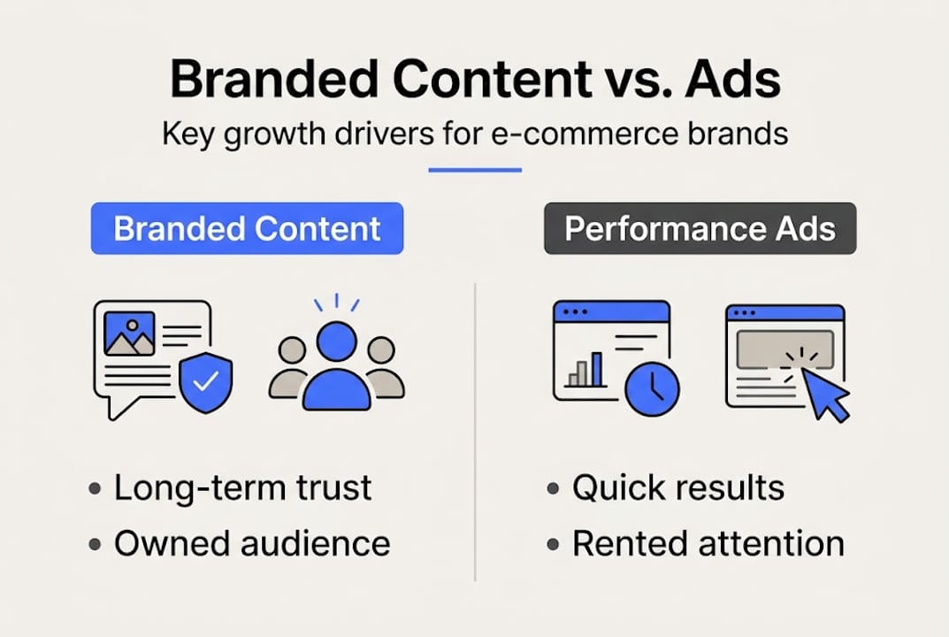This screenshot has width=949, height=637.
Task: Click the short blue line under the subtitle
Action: [475, 169]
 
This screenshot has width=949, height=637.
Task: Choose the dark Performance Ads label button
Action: [700, 229]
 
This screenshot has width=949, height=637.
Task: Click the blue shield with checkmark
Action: [205, 381]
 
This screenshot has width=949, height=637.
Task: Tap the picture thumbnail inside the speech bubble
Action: [129, 334]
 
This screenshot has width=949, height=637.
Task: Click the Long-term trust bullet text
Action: [242, 488]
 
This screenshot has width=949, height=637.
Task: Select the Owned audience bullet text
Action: [251, 543]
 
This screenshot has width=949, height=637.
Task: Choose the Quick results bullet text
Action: [677, 488]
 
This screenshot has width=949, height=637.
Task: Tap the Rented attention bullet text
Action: [708, 543]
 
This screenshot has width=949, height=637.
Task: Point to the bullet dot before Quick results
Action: [554, 489]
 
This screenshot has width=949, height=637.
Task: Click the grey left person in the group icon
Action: [291, 372]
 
